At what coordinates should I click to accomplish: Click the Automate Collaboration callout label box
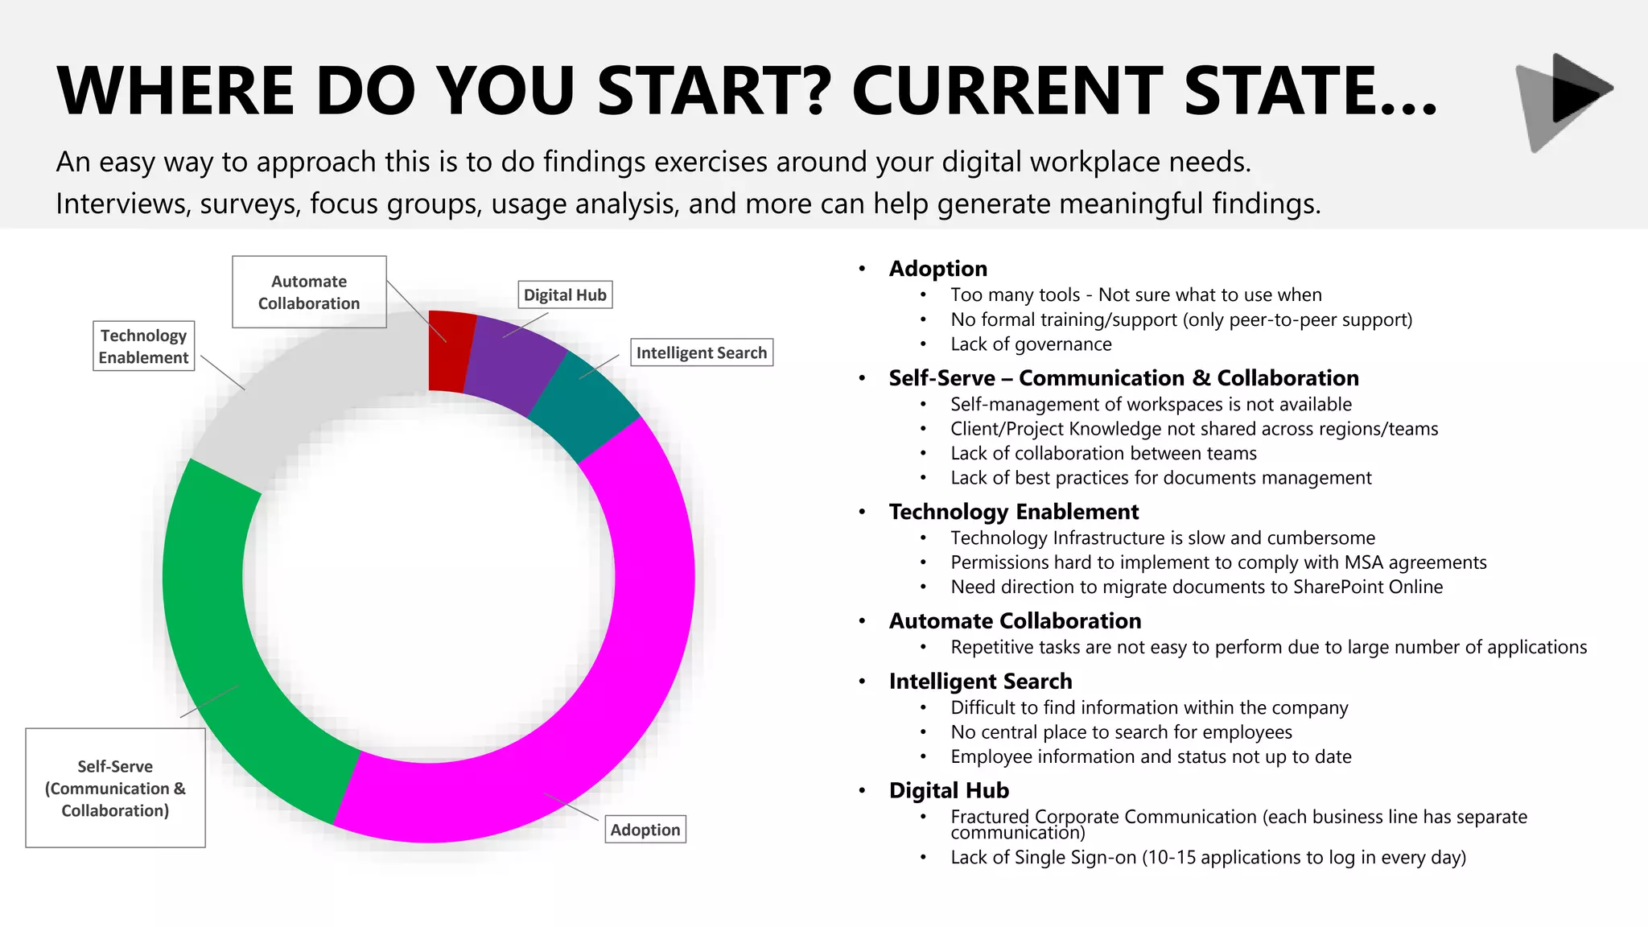[x=309, y=292]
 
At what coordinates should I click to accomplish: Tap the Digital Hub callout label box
[x=565, y=295]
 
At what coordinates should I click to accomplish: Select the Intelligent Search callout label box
[x=701, y=352]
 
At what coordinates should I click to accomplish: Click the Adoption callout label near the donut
[x=645, y=830]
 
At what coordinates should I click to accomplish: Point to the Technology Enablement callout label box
[x=143, y=346]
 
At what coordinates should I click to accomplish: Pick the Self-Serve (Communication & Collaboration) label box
[x=115, y=788]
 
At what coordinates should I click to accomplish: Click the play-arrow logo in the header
[x=1564, y=101]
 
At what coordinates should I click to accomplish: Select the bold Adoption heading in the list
[x=937, y=269]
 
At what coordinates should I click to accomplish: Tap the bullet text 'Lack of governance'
[x=1031, y=344]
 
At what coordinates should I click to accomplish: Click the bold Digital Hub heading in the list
[x=949, y=790]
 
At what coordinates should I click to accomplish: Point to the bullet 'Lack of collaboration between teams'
[x=1103, y=453]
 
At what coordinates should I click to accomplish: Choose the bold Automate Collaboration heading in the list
[x=1015, y=621]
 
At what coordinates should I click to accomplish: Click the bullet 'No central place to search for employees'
[x=1121, y=732]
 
